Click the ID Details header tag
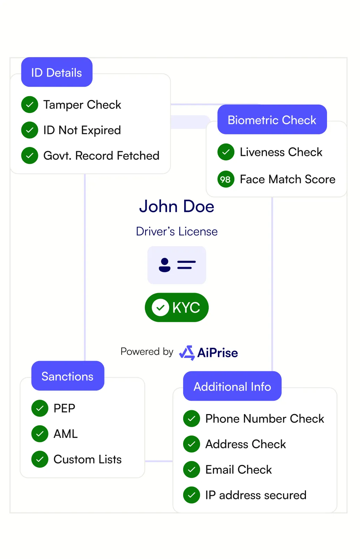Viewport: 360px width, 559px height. [56, 72]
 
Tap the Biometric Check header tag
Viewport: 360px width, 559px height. [272, 120]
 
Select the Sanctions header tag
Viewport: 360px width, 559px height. [67, 376]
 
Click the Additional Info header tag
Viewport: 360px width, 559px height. [232, 386]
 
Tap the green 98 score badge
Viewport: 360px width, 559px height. [226, 179]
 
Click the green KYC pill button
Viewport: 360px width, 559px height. [176, 307]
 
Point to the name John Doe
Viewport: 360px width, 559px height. [176, 206]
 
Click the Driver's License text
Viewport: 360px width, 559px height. [176, 232]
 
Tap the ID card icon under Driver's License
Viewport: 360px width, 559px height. [176, 265]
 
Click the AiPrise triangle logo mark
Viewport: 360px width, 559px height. [187, 353]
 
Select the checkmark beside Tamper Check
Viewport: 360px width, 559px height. [30, 105]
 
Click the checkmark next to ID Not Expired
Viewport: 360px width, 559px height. [30, 130]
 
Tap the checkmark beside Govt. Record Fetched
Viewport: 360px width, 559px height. [30, 155]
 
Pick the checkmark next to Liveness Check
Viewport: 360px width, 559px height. [226, 152]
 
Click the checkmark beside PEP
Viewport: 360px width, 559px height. [40, 408]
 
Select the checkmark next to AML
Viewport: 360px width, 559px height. [40, 434]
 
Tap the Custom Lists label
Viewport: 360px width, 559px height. [87, 459]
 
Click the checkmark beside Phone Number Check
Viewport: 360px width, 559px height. [192, 419]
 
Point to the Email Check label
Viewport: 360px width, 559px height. [239, 470]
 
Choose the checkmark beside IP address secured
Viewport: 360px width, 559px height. [192, 495]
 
